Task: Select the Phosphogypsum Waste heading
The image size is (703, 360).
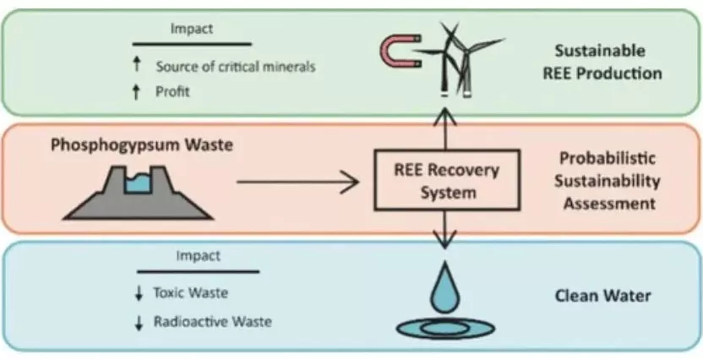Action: pyautogui.click(x=142, y=145)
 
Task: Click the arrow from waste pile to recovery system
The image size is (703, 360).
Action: pyautogui.click(x=297, y=182)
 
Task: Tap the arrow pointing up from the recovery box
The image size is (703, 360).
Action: pyautogui.click(x=445, y=128)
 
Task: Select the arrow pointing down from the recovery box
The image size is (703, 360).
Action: pyautogui.click(x=444, y=230)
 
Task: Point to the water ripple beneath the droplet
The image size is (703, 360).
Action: pyautogui.click(x=445, y=328)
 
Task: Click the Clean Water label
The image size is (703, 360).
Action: pyautogui.click(x=602, y=297)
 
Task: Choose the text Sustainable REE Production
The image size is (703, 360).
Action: pyautogui.click(x=602, y=62)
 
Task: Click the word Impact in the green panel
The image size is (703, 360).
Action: pyautogui.click(x=192, y=30)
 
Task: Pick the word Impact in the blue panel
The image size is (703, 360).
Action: pyautogui.click(x=199, y=256)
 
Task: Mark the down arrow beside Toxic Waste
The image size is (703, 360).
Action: pyautogui.click(x=139, y=293)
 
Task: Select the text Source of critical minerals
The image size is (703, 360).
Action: pyautogui.click(x=236, y=67)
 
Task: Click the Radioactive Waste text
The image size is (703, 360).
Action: pyautogui.click(x=213, y=322)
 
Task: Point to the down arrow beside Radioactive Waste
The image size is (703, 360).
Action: pyautogui.click(x=139, y=323)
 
